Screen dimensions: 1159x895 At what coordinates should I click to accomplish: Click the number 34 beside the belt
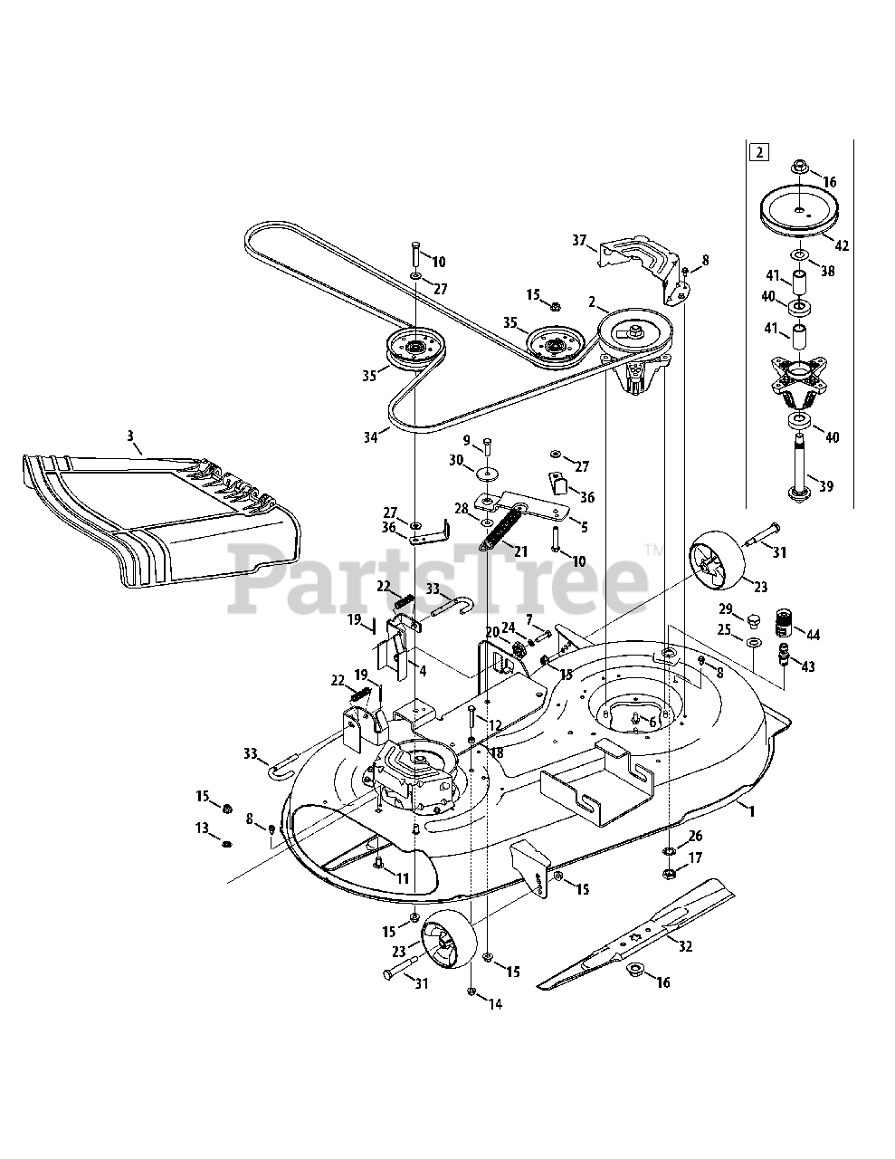point(370,437)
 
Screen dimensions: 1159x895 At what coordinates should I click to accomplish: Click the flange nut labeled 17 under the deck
point(669,874)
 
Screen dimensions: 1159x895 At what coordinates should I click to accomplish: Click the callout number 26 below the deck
point(695,836)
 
